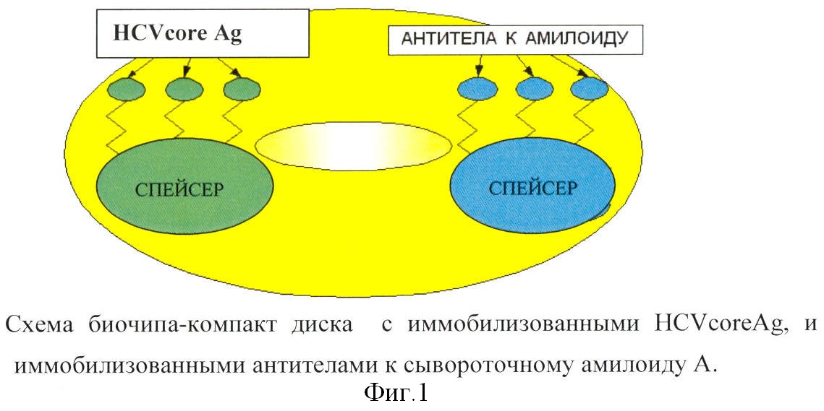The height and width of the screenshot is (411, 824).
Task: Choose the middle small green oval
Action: coord(184,89)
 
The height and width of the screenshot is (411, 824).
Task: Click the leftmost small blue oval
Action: coord(477,87)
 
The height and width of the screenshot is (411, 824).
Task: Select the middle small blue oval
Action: coord(535,87)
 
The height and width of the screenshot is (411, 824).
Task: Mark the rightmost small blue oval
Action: coord(590,87)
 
